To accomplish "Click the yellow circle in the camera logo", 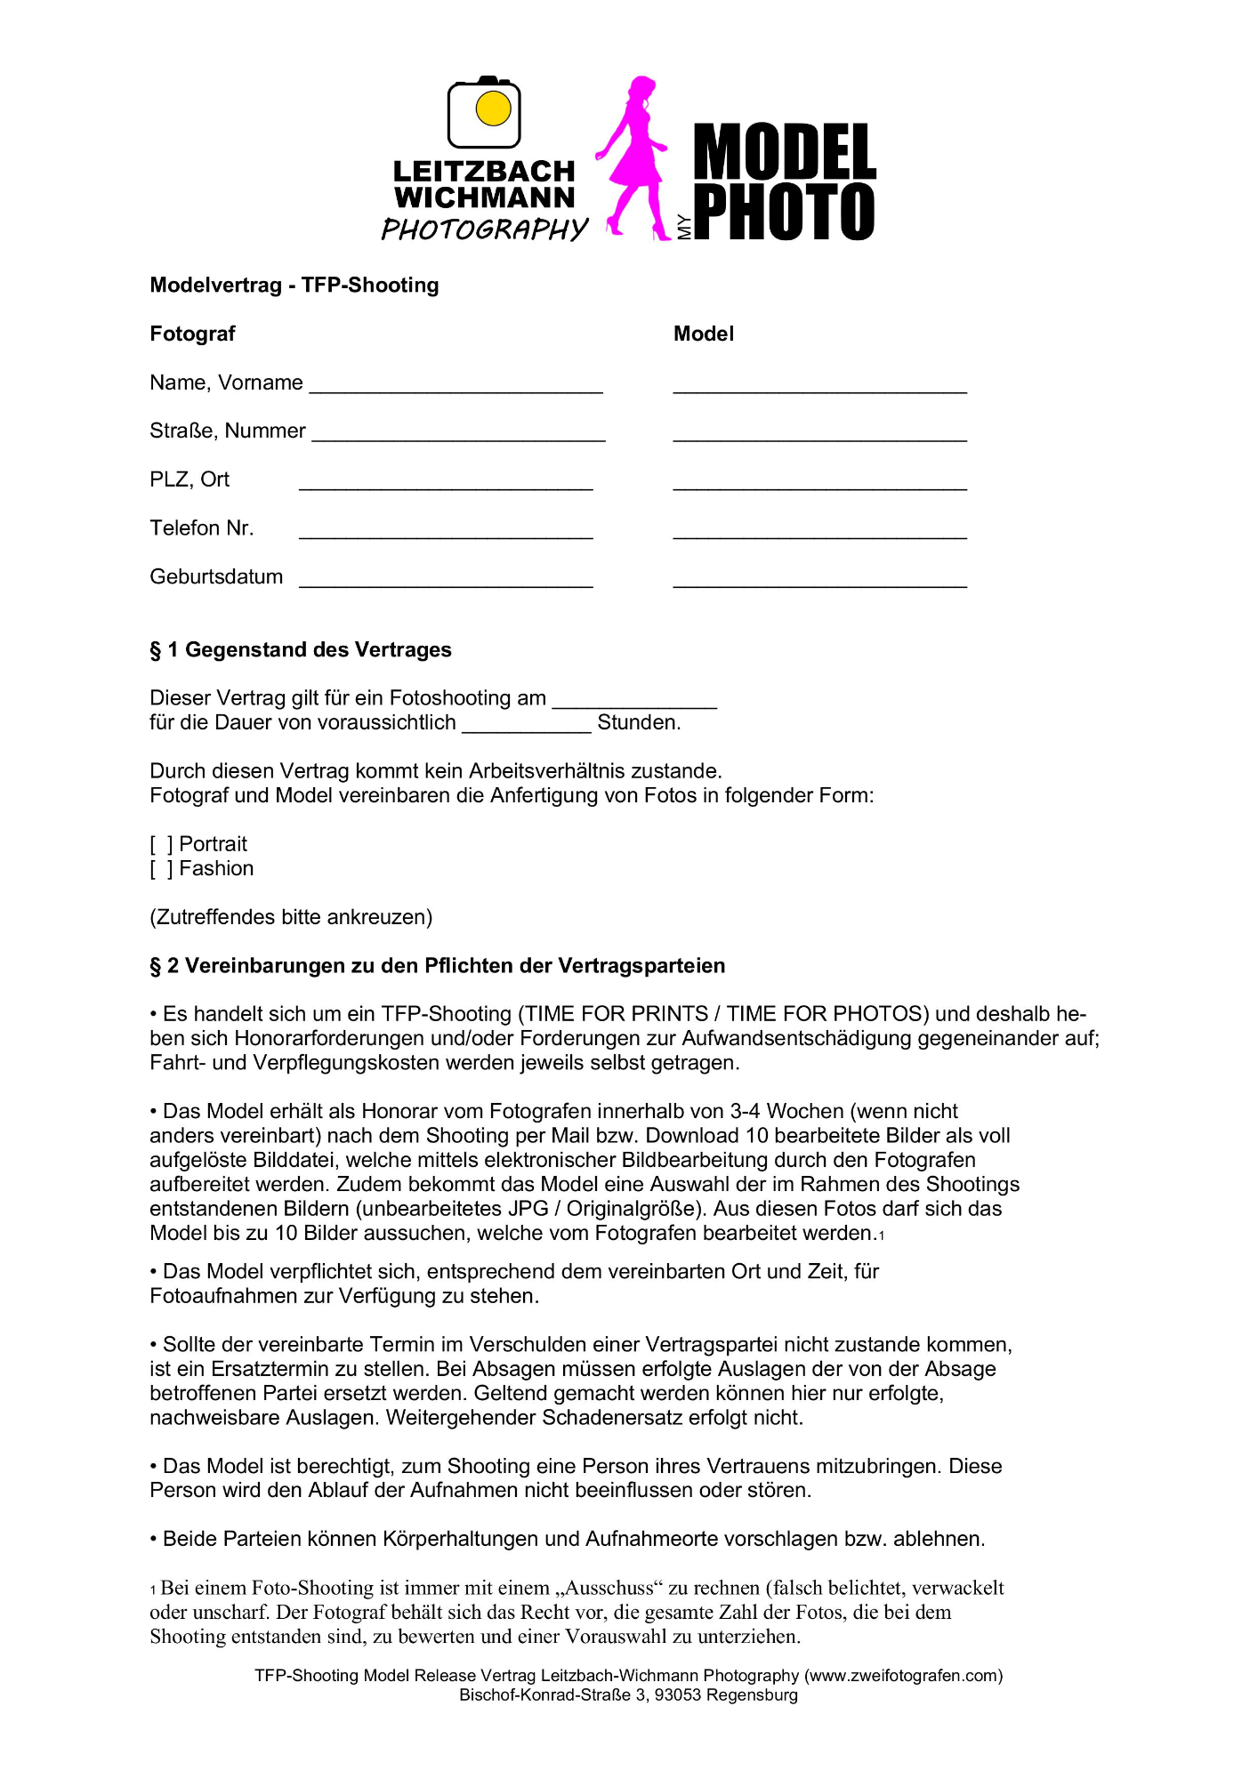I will pyautogui.click(x=494, y=109).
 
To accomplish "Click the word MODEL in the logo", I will pyautogui.click(x=785, y=152).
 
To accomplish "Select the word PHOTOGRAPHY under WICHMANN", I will pyautogui.click(x=485, y=229).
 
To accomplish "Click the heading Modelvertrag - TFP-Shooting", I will pyautogui.click(x=294, y=286).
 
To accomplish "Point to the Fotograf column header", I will pyautogui.click(x=192, y=334).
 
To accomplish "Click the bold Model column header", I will pyautogui.click(x=704, y=334).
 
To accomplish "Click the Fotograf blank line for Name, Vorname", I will pyautogui.click(x=456, y=386).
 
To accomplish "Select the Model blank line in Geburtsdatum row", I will pyautogui.click(x=819, y=581).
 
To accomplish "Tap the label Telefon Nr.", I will pyautogui.click(x=202, y=528).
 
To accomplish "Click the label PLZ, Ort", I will pyautogui.click(x=190, y=480).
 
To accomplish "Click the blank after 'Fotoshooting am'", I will pyautogui.click(x=634, y=702).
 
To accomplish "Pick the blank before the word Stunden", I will pyautogui.click(x=527, y=726).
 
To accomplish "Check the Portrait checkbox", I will pyautogui.click(x=161, y=844).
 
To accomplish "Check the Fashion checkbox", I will pyautogui.click(x=161, y=869).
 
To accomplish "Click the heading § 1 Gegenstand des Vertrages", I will pyautogui.click(x=301, y=650).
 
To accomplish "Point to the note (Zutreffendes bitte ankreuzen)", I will pyautogui.click(x=291, y=917).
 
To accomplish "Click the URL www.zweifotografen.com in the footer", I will pyautogui.click(x=903, y=1676).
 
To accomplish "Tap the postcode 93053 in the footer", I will pyautogui.click(x=678, y=1695).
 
